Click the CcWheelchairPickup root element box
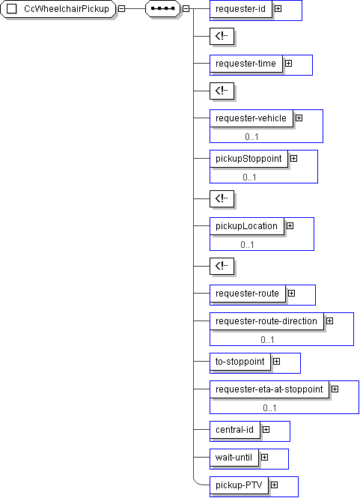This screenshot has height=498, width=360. [x=58, y=9]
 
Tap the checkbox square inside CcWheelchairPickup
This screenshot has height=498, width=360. [x=12, y=9]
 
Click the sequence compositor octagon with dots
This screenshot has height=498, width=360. [x=163, y=9]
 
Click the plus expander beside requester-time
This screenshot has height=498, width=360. [x=288, y=63]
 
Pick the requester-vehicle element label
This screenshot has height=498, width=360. [x=251, y=118]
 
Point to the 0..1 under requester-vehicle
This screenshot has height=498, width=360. [x=251, y=137]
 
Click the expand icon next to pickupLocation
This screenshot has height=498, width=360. [x=290, y=226]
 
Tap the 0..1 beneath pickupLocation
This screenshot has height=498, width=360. [x=247, y=245]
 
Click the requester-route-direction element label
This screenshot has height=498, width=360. [x=266, y=321]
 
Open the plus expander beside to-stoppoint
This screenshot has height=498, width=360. [x=276, y=362]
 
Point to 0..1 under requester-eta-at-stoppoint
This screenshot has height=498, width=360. [x=270, y=408]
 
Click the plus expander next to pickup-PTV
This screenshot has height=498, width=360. [x=274, y=485]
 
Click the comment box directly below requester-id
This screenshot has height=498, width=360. [x=222, y=36]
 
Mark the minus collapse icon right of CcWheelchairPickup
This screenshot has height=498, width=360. [x=121, y=9]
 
